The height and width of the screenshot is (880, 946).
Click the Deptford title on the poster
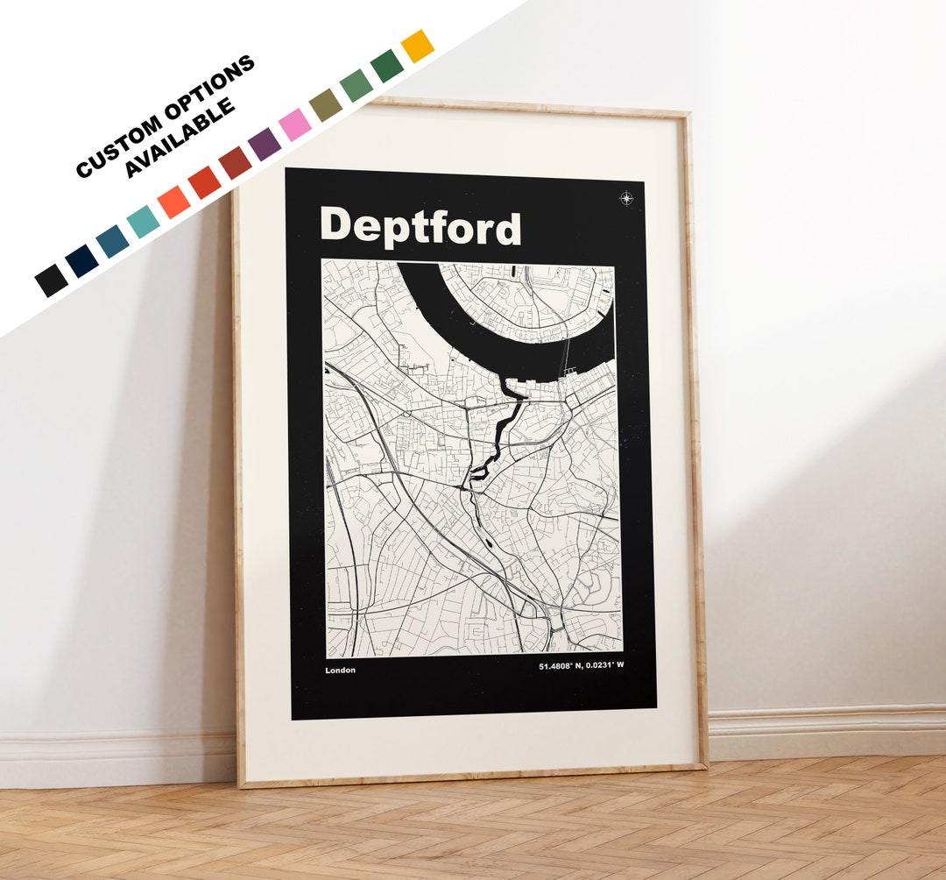click(420, 227)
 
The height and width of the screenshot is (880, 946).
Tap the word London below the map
click(340, 671)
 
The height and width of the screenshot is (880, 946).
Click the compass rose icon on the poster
click(626, 198)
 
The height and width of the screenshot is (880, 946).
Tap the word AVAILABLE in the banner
click(180, 138)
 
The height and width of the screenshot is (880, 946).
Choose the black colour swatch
click(51, 280)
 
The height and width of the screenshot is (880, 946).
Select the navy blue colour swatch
click(81, 261)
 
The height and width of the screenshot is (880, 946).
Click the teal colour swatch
click(143, 222)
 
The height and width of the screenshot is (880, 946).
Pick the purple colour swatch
click(265, 144)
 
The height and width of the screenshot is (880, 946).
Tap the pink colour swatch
click(295, 124)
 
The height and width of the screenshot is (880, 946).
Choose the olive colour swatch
click(326, 104)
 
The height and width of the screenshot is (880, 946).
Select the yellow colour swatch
click(417, 46)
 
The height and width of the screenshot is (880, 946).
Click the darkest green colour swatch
click(386, 66)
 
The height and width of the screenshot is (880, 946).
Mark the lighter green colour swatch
click(356, 85)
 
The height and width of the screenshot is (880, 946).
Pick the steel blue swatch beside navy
click(112, 242)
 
